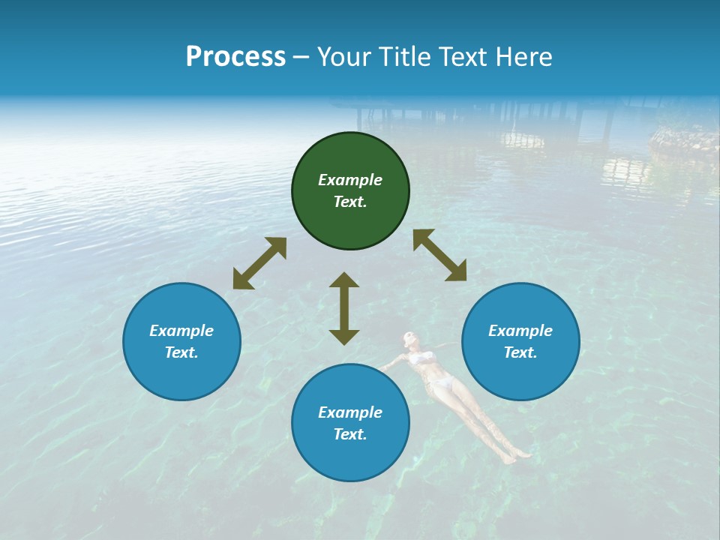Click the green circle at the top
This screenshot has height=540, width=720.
coord(350,191)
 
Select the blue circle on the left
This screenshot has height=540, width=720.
coord(181,342)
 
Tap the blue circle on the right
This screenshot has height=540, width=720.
coord(520,342)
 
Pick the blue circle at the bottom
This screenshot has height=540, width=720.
coord(350,423)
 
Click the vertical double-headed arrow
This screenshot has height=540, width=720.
coord(344,308)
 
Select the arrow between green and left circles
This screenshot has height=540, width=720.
coord(259,263)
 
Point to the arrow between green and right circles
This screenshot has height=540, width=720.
coord(439,255)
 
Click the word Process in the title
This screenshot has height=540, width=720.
coord(235,57)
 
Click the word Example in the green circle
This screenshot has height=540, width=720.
coord(350,180)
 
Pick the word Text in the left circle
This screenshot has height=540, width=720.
coord(181,352)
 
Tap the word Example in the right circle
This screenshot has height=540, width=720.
coord(520,331)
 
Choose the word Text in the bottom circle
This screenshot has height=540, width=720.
coord(350,434)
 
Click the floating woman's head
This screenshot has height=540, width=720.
coord(409,339)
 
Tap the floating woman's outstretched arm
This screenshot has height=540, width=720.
coord(392,363)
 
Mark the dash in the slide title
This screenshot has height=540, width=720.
coord(301,57)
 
